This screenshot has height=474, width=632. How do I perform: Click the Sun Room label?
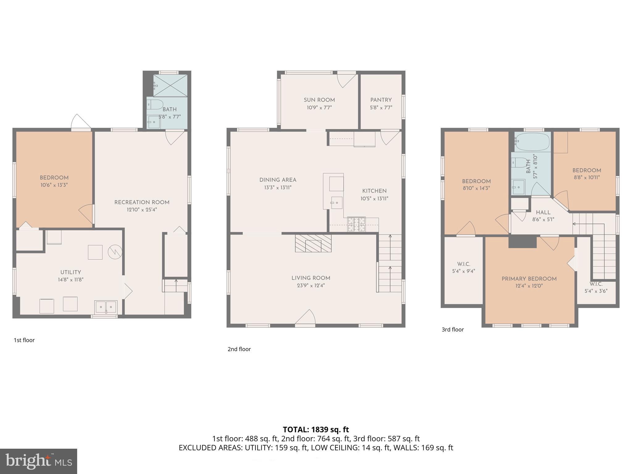[x=319, y=100]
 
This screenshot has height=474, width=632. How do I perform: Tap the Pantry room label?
[x=381, y=100]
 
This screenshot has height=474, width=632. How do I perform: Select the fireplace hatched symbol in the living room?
[x=313, y=243]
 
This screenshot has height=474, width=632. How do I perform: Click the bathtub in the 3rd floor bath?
[x=532, y=142]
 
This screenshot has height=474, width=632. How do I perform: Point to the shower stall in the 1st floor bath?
[x=170, y=85]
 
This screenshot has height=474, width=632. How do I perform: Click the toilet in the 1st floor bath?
[x=155, y=105]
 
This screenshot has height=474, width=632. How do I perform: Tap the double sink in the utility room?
[x=106, y=307]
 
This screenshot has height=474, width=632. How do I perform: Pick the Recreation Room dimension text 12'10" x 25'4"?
[x=142, y=210]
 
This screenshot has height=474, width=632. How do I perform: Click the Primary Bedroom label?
[x=529, y=279]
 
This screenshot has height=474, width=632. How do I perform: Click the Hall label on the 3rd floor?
[x=543, y=212]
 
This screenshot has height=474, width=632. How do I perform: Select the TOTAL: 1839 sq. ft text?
[x=316, y=429]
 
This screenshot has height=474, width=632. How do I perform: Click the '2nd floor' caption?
[x=239, y=349]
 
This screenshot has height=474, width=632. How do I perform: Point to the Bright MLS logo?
[x=38, y=461]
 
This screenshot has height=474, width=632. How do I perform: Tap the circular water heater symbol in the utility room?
[x=115, y=252]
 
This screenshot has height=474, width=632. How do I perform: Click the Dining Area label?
[x=278, y=180]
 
